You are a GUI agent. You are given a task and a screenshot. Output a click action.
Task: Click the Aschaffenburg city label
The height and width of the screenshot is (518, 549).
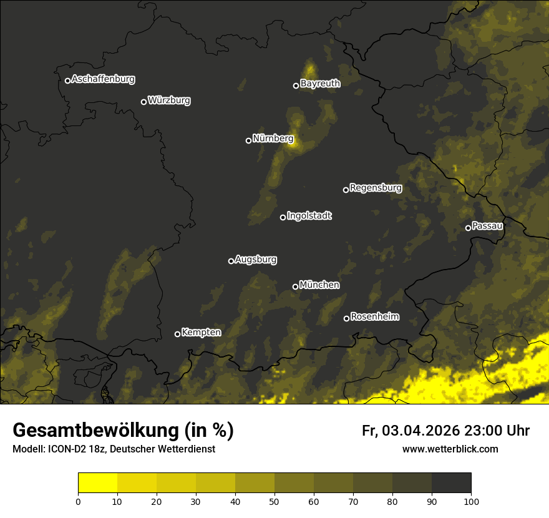103,79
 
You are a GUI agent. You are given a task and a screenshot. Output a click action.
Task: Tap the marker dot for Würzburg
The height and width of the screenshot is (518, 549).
143,102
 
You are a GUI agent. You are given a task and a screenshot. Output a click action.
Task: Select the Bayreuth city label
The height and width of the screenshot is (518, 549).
320,84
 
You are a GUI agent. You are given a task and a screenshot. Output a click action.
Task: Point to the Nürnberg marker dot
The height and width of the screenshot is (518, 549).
248,140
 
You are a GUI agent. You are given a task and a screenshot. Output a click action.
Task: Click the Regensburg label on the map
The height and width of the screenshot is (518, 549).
376,188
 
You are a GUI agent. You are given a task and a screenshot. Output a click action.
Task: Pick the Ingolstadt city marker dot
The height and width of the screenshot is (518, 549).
283,217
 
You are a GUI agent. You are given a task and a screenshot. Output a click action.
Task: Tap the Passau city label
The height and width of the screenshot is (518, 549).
487,226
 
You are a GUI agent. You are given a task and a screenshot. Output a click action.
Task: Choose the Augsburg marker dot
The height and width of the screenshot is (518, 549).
231,261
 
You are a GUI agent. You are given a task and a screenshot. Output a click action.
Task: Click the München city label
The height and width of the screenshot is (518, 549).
319,285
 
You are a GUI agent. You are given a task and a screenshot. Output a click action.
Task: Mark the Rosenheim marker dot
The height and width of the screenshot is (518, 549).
346,319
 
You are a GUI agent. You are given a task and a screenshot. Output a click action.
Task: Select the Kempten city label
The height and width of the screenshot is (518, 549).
201,333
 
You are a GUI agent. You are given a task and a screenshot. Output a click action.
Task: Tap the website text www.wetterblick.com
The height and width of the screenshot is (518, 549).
450,449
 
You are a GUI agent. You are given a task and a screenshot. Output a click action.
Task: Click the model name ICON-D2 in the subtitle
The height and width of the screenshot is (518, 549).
62,449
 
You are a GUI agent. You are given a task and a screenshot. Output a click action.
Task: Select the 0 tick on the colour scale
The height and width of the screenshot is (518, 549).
78,501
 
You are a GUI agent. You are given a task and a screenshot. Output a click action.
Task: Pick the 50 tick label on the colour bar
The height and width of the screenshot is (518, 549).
274,501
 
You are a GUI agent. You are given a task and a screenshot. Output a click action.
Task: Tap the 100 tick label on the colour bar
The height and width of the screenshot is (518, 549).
471,501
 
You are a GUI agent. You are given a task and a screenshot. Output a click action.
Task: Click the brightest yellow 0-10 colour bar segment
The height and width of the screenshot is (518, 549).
97,483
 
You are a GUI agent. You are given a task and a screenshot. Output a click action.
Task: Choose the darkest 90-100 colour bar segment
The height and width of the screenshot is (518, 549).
451,483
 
